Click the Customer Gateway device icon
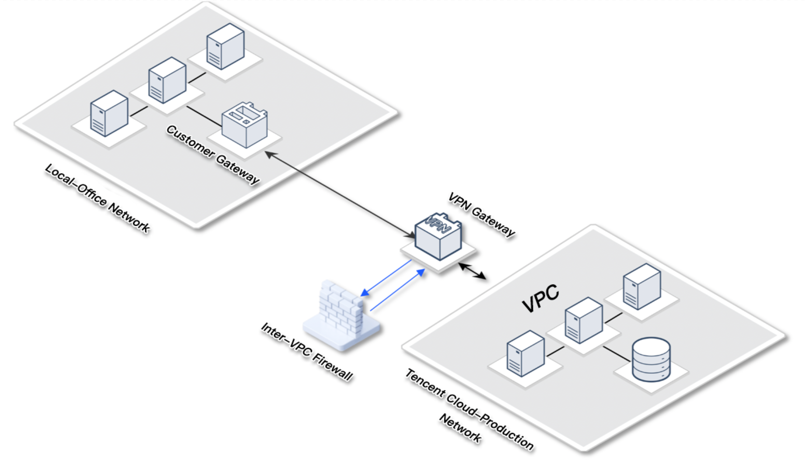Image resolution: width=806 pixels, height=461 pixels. coord(245,126)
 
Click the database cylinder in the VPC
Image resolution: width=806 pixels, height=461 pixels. coord(651,360)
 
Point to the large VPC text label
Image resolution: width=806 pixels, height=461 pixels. coord(541,298)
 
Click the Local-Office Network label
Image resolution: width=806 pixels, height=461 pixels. coord(98,198)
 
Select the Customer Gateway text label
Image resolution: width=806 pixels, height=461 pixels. coord(213,154)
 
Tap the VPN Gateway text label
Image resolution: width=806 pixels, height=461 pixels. coord(481,215)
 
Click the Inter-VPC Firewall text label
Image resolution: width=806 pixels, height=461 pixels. coord(307,352)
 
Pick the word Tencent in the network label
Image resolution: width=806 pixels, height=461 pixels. coord(424,383)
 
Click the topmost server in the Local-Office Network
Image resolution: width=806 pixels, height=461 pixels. coord(225,46)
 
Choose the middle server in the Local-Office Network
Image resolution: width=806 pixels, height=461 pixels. coord(167,80)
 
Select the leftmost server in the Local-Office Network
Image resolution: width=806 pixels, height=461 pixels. coord(109,113)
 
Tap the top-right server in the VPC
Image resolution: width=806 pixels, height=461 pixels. coord(642,286)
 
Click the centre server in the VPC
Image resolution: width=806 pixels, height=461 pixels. coord(584,320)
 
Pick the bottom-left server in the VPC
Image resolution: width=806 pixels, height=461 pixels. coord(526,353)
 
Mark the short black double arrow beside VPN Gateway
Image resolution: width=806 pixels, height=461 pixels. coord(472,271)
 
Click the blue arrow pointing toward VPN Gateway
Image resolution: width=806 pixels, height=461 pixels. coord(398,290)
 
